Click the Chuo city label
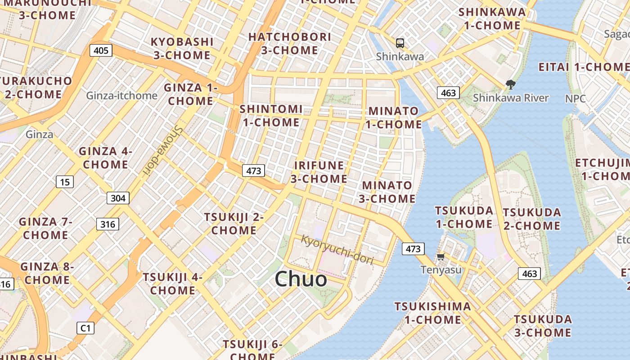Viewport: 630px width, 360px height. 301,279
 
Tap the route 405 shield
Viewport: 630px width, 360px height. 101,50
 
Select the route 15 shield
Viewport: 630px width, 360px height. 65,182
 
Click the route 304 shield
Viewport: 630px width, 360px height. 118,198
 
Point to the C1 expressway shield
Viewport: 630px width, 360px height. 85,328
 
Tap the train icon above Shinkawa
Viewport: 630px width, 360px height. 400,43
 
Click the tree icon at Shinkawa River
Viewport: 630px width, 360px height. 510,84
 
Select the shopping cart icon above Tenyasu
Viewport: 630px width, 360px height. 441,256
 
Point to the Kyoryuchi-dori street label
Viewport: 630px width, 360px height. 337,250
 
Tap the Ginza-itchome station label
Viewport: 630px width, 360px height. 122,95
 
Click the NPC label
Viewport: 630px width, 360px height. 576,99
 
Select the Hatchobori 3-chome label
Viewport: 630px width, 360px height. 289,44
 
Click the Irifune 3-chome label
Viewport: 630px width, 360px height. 319,172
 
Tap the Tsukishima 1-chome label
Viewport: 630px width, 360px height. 432,313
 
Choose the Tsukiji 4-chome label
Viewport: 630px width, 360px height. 172,283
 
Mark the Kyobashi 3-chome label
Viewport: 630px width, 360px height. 182,48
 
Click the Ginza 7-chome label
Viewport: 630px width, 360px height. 45,228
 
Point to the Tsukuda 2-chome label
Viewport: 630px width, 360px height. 531,219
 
